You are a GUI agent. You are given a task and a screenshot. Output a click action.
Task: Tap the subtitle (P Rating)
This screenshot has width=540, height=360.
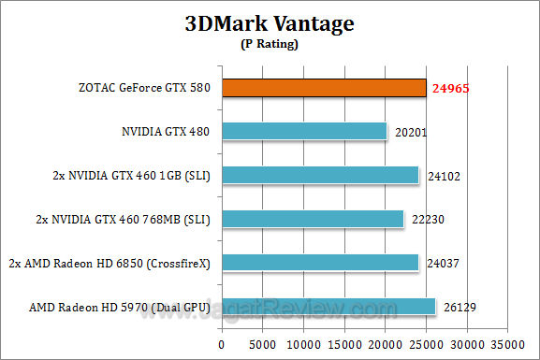click(x=270, y=44)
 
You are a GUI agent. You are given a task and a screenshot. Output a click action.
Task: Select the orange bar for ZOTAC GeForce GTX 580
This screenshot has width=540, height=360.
click(x=323, y=88)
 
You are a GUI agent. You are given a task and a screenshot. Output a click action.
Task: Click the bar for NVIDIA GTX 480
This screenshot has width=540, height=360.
click(x=304, y=131)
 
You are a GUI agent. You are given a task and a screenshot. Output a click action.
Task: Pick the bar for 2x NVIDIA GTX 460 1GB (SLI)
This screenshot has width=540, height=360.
click(x=319, y=175)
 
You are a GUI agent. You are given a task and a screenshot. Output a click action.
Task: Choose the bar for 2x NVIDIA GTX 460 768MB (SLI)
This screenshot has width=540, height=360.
click(x=312, y=219)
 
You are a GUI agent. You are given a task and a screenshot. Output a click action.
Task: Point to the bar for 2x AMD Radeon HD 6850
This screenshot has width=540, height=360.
click(x=319, y=262)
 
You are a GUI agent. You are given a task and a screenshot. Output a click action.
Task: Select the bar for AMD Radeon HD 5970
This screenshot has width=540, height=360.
click(x=328, y=306)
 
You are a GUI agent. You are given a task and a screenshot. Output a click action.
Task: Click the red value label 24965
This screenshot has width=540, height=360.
click(x=449, y=89)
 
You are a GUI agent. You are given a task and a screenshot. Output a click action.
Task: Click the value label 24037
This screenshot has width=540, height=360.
click(x=440, y=263)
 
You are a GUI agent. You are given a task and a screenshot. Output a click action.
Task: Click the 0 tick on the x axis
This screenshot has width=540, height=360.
click(x=223, y=343)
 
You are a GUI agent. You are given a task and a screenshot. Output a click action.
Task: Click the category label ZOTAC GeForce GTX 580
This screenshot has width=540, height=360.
click(x=144, y=89)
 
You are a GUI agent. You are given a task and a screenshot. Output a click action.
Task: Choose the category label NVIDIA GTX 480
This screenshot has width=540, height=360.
click(x=167, y=132)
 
